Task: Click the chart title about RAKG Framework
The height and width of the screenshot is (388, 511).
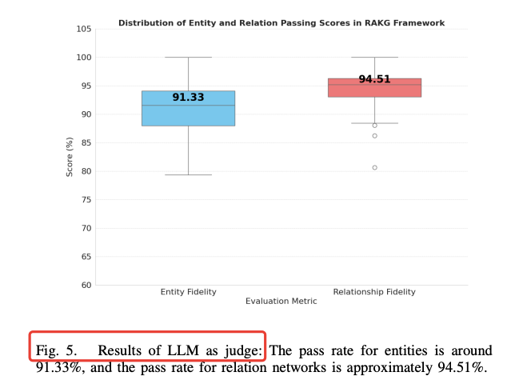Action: click(x=281, y=23)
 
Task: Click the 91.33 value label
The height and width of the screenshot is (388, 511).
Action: click(x=188, y=98)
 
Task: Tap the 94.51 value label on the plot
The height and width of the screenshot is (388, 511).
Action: click(x=374, y=79)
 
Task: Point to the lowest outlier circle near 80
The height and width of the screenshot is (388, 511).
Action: click(x=374, y=167)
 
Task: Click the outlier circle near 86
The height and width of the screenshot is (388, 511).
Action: click(x=374, y=136)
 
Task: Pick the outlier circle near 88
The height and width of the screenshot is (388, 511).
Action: click(x=374, y=126)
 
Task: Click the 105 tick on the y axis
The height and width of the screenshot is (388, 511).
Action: click(x=83, y=30)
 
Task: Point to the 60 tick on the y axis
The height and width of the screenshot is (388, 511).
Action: click(x=86, y=286)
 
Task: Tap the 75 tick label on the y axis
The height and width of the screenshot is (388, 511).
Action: click(x=86, y=200)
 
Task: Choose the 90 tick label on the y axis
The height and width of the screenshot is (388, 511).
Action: click(x=86, y=114)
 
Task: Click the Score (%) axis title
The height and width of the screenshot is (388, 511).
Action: click(x=70, y=157)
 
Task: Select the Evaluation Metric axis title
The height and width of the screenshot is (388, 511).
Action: click(x=281, y=302)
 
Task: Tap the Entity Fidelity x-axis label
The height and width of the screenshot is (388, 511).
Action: click(x=188, y=292)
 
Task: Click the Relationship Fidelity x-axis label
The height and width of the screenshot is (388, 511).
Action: click(x=374, y=292)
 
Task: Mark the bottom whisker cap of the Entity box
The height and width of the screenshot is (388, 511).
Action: click(x=188, y=174)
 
